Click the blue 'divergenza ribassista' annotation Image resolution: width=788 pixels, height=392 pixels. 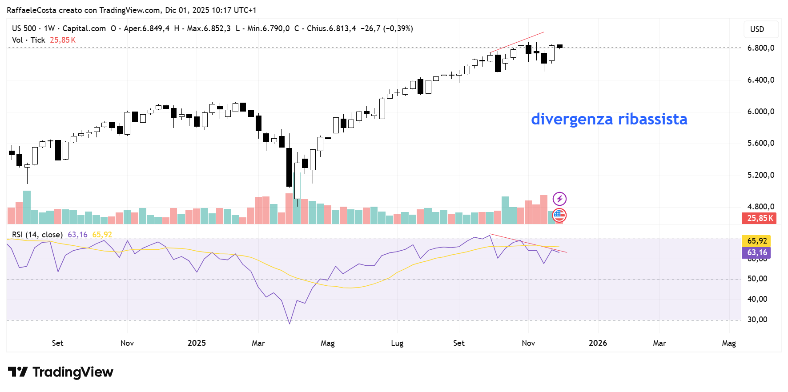point(609,119)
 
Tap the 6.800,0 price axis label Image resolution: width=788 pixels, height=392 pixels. point(760,48)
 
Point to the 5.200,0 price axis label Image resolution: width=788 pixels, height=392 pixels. point(760,175)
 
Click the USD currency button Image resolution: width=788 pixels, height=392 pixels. point(757,29)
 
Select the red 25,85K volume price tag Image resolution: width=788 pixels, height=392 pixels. point(759,218)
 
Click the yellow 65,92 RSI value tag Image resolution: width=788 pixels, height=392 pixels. point(757,241)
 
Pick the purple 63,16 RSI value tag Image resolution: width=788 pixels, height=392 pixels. point(757,252)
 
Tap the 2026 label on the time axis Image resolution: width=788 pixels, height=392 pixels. point(598,343)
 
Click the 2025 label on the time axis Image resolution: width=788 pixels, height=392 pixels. point(197,343)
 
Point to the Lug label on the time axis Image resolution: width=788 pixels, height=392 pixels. point(397,343)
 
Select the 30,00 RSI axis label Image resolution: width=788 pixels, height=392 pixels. point(757,320)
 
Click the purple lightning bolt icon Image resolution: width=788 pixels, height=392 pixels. point(559,199)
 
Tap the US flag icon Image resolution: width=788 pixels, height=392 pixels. point(559,216)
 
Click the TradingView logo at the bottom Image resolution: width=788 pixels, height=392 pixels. point(61,372)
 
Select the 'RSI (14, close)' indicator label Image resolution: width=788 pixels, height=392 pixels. point(37,235)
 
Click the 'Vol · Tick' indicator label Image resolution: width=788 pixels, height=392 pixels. point(28,40)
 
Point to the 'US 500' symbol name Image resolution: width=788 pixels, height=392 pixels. point(24,28)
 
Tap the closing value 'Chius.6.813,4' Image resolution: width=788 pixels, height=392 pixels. point(331,28)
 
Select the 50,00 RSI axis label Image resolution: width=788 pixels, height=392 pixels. point(757,279)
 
